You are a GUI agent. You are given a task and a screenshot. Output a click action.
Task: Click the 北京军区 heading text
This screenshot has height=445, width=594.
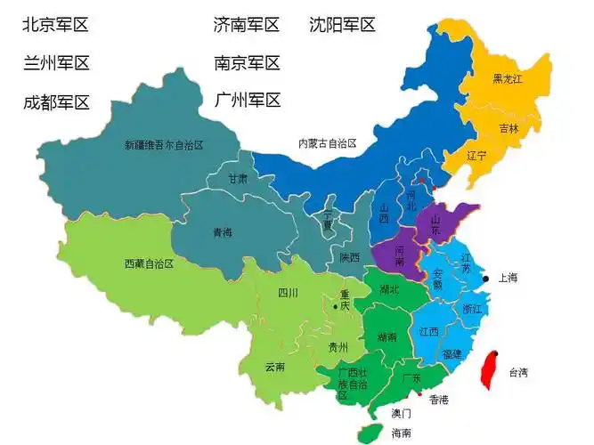[56, 25]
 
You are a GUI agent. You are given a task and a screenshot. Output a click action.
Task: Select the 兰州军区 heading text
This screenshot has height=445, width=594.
[56, 63]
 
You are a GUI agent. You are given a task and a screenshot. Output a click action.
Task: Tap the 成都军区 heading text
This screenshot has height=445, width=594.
[56, 102]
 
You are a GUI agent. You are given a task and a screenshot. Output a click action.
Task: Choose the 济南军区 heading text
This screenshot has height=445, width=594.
[247, 25]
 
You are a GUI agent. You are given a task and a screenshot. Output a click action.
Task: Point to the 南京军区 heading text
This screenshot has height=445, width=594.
[247, 63]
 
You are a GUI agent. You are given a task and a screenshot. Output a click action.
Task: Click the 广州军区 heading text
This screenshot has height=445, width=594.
[247, 100]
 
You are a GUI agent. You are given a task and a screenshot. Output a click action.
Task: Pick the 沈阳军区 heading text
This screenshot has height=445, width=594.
[342, 25]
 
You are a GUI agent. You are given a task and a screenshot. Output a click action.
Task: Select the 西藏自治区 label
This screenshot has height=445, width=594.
[149, 264]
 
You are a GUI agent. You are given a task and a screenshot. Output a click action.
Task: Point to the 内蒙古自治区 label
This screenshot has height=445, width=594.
[327, 143]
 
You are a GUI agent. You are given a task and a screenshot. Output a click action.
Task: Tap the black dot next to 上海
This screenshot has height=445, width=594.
[485, 279]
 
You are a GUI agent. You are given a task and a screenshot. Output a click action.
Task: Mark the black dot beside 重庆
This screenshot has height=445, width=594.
[335, 307]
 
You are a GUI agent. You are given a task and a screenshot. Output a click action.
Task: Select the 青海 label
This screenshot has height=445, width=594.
[222, 233]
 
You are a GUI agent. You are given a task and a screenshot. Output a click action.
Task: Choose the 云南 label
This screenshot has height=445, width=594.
[275, 367]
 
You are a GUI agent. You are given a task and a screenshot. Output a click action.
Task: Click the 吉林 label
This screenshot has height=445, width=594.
[509, 128]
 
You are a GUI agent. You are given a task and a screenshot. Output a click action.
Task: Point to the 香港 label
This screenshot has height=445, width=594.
[438, 400]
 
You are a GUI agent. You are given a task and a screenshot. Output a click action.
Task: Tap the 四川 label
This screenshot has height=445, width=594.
[287, 293]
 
